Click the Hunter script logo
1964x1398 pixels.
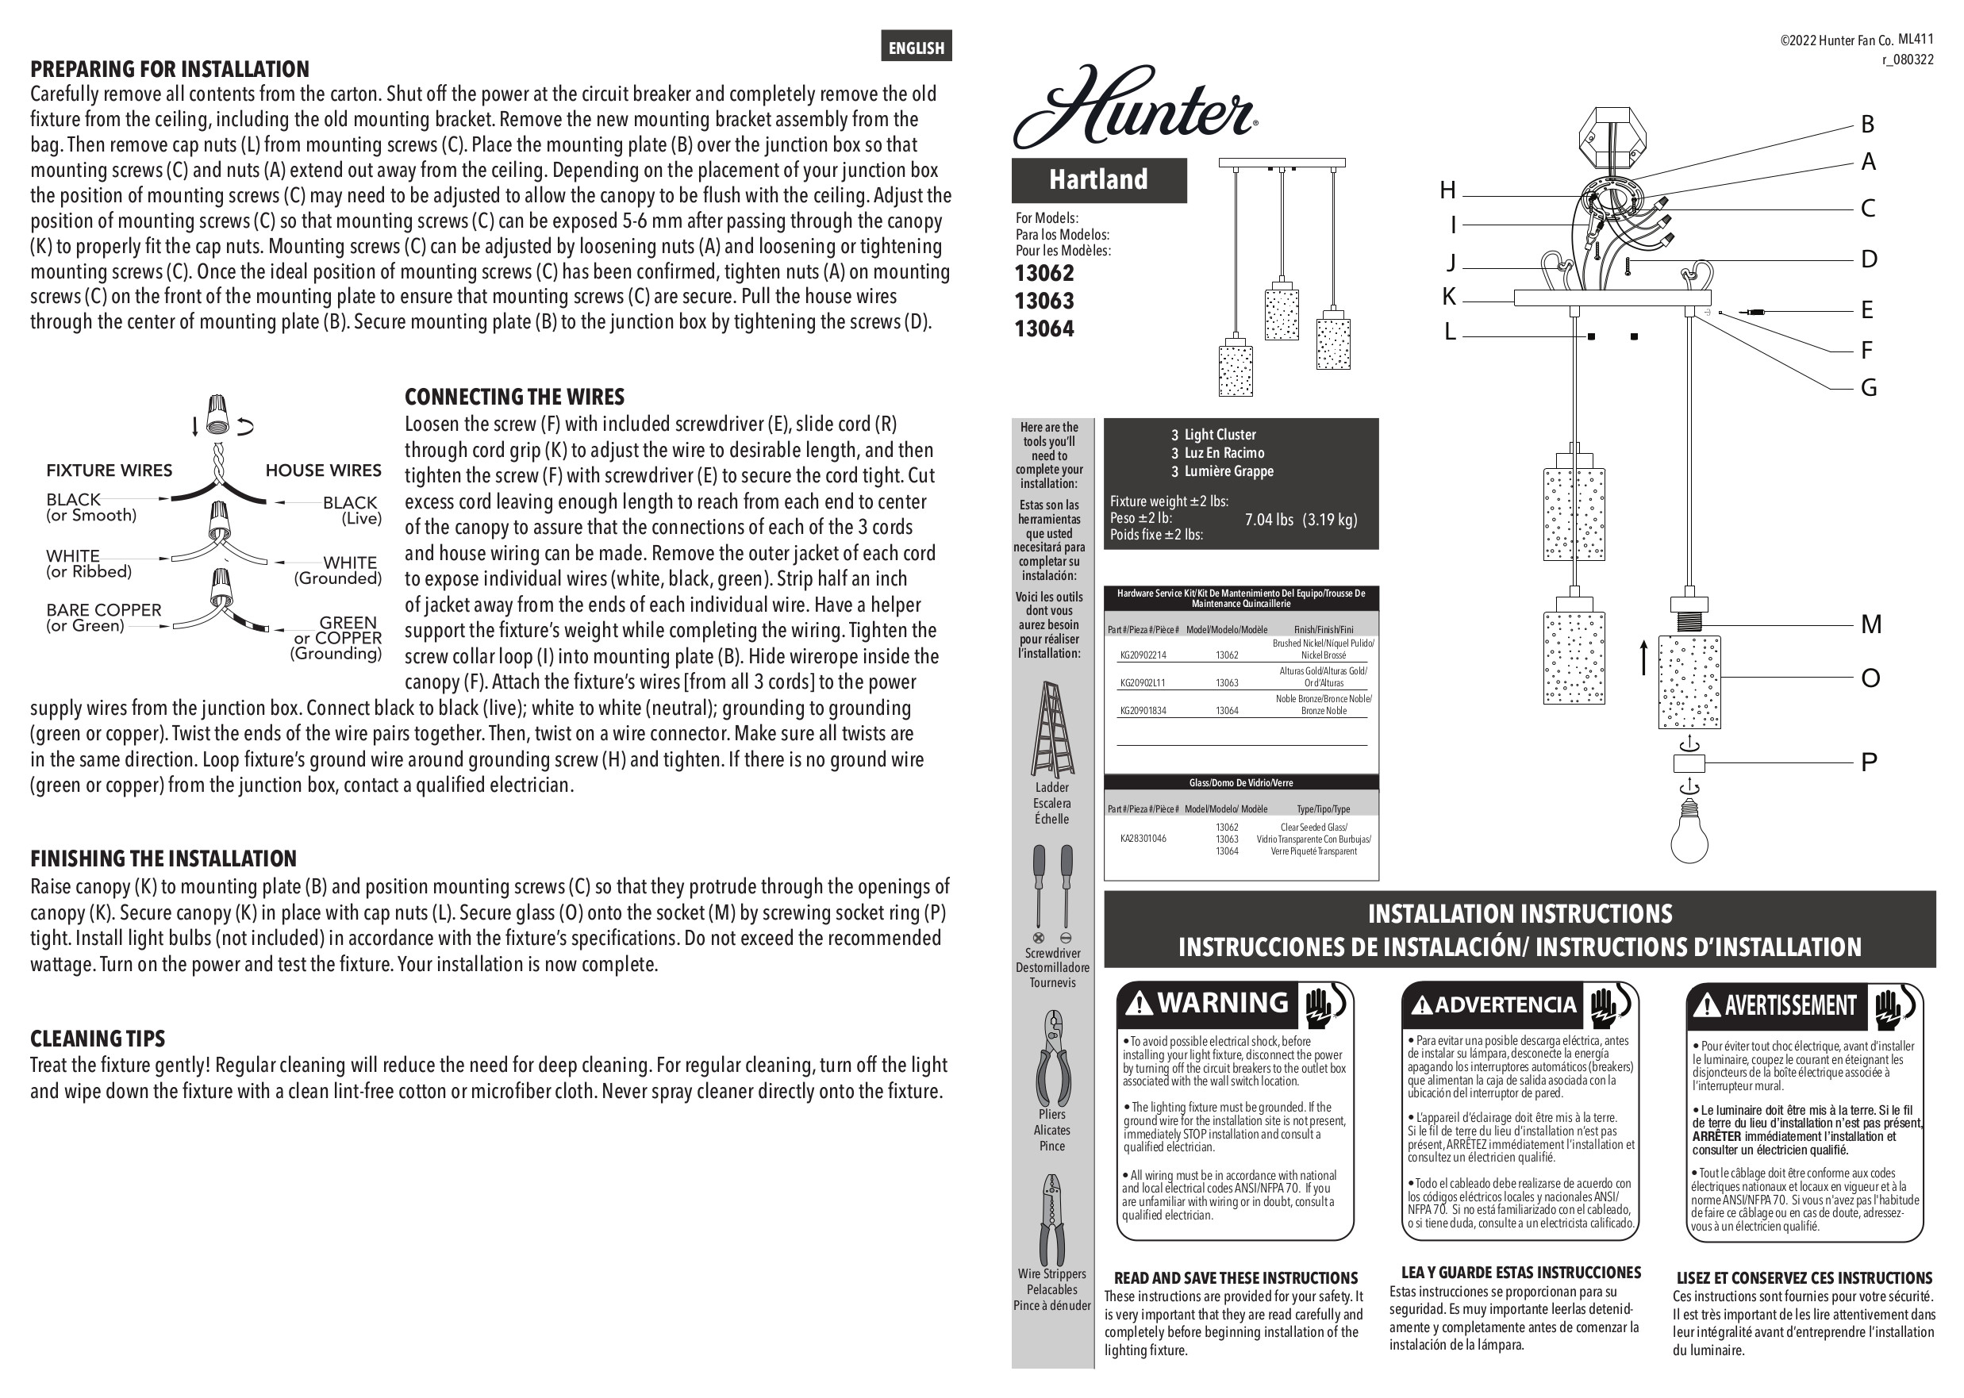tap(1134, 109)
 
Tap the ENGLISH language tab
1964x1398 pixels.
tap(916, 48)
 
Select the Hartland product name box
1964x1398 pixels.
tap(1099, 180)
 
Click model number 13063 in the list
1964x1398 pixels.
tap(1044, 301)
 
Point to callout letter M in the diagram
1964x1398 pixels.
tap(1870, 624)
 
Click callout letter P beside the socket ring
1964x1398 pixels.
tap(1869, 762)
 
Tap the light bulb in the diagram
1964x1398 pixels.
tap(1689, 830)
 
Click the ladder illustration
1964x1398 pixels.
tap(1051, 729)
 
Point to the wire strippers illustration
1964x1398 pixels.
tap(1051, 1219)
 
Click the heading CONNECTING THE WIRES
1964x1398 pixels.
tap(514, 397)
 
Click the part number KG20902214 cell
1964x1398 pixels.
tap(1143, 655)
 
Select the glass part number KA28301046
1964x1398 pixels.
tap(1143, 839)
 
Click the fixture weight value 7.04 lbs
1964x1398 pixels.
tap(1268, 520)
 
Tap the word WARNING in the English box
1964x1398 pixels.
tap(1223, 1003)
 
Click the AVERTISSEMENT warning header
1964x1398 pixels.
tap(1790, 1004)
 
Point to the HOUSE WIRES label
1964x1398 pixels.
tap(323, 470)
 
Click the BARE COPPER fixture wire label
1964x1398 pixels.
tap(103, 610)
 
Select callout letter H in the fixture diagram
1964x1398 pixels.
tap(1447, 190)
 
